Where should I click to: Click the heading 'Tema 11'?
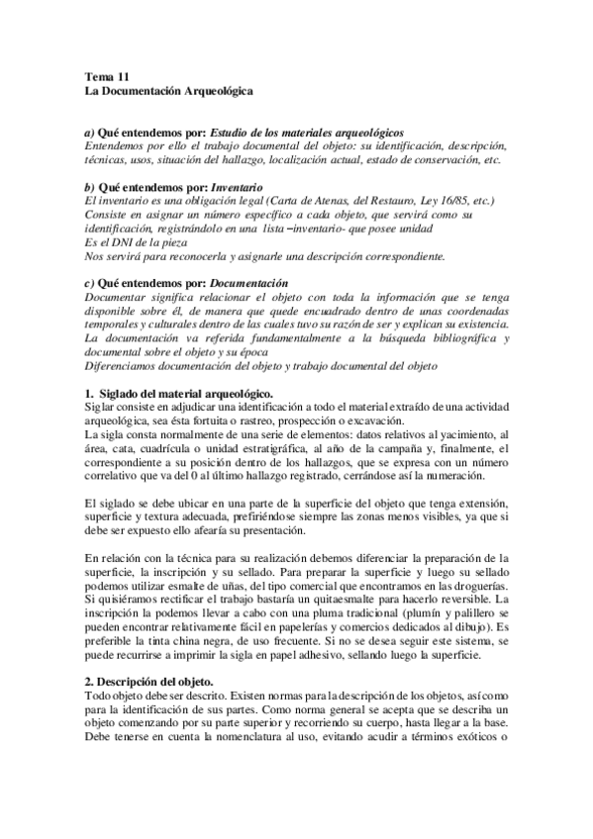click(x=107, y=77)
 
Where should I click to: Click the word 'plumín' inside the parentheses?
click(x=367, y=612)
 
